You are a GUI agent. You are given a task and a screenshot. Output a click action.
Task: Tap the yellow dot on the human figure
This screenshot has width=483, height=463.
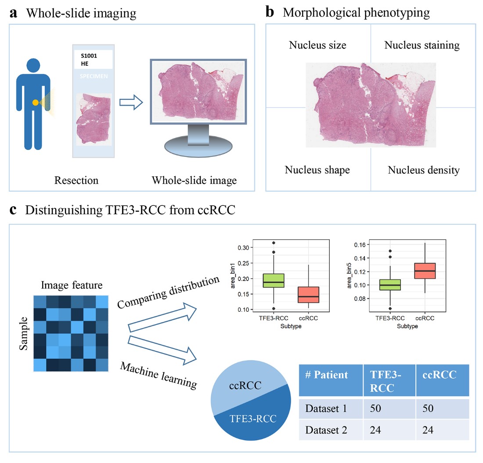[35, 102]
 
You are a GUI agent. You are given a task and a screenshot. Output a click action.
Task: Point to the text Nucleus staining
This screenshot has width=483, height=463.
[422, 45]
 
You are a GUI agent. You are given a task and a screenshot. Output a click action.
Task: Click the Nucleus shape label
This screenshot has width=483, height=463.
[317, 170]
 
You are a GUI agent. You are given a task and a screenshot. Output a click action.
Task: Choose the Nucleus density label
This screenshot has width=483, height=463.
[423, 170]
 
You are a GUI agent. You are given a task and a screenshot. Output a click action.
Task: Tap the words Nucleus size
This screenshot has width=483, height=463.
[317, 45]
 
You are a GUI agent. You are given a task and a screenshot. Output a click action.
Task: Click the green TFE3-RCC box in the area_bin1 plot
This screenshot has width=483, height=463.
[274, 281]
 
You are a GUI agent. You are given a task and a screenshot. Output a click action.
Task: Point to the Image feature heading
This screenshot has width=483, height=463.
[72, 285]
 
